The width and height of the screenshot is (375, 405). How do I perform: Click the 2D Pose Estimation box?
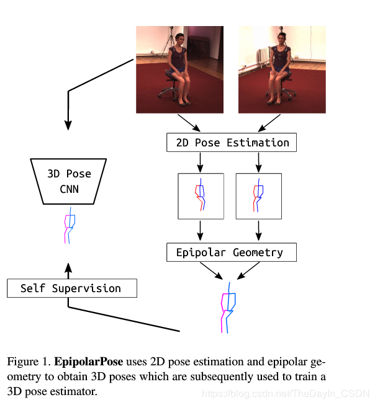[232, 142]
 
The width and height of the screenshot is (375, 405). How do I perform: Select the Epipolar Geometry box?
[232, 252]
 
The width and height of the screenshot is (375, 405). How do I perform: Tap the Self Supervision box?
[72, 288]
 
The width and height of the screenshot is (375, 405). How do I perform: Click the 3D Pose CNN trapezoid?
[68, 181]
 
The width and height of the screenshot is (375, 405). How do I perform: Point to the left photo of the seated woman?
[180, 69]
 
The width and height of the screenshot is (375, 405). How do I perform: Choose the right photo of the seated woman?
[282, 69]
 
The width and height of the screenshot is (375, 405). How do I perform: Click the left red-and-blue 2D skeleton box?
[201, 197]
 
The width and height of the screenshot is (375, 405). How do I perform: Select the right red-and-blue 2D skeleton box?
[259, 197]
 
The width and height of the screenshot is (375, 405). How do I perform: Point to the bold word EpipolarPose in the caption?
[88, 362]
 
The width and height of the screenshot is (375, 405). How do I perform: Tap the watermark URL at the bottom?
[286, 394]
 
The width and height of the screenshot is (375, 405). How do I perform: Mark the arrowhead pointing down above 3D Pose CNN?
[68, 125]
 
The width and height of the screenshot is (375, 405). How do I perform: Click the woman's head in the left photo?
[180, 39]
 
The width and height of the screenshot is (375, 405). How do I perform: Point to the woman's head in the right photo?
[282, 38]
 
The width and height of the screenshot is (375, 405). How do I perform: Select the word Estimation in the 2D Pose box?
[258, 143]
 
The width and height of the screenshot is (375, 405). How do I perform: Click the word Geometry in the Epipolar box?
[258, 252]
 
